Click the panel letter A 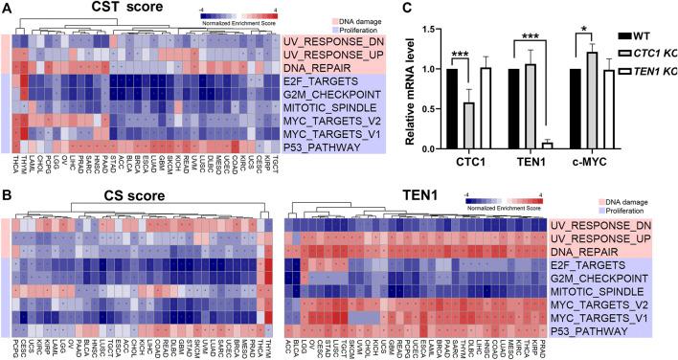coord(7,8)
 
